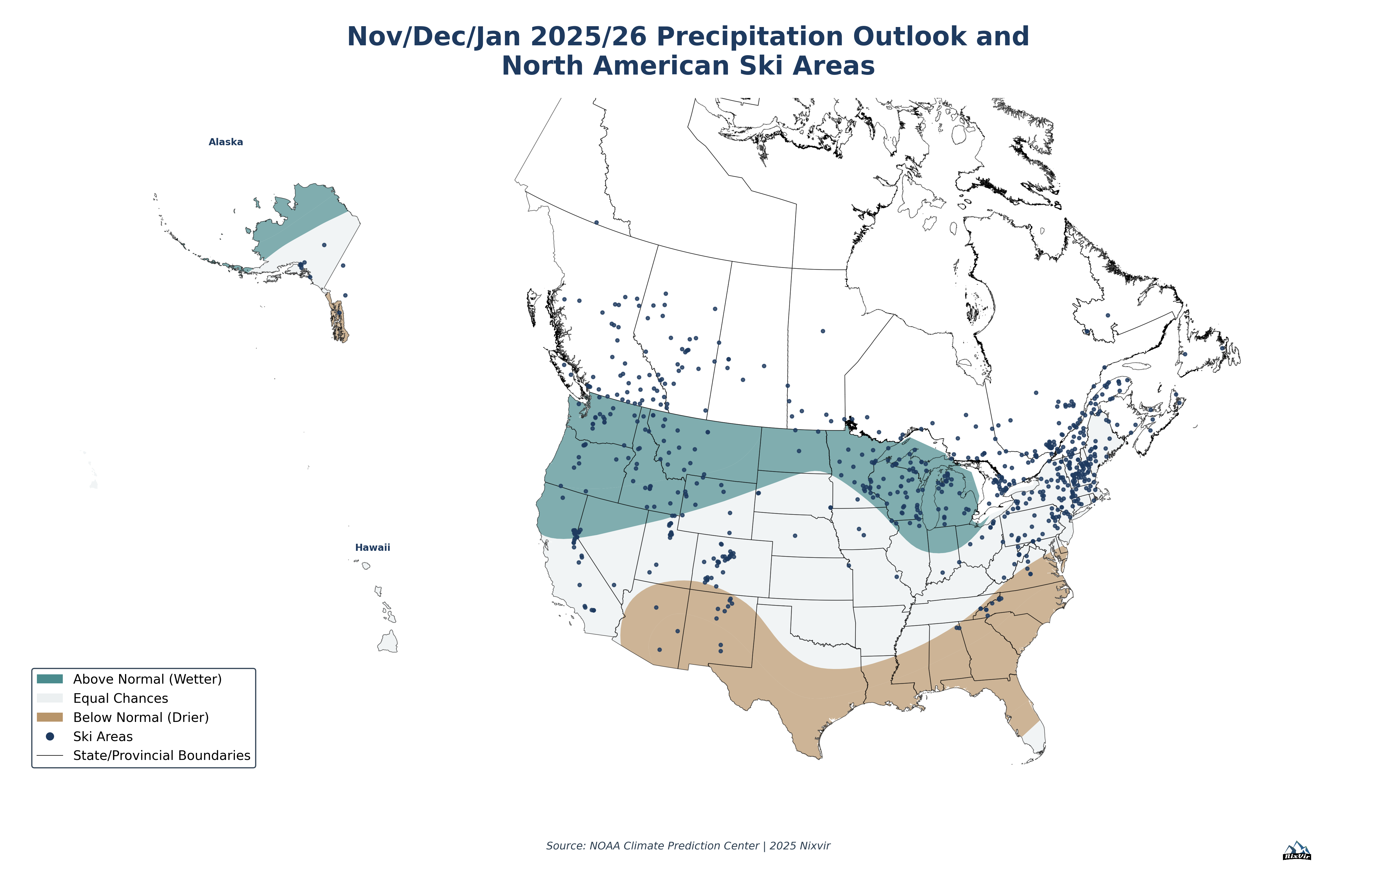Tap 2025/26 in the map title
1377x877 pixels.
pos(589,37)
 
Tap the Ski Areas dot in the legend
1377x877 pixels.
pos(50,736)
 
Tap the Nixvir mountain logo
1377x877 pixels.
pos(1297,851)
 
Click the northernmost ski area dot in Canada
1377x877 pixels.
pos(596,222)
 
